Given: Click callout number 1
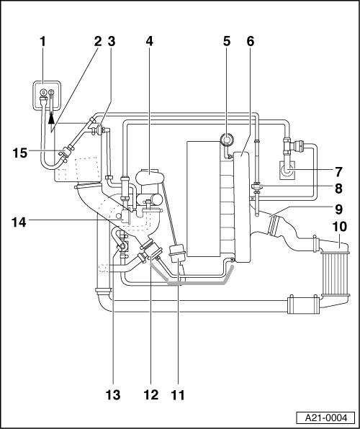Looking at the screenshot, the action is coord(42,42).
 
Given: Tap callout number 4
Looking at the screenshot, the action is coord(149,42).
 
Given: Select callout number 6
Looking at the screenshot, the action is coord(251,42).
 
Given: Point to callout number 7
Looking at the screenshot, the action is coord(338,172).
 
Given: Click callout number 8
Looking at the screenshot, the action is coord(338,189).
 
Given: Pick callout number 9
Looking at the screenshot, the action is coord(338,209).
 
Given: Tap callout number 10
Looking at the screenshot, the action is coord(339,227).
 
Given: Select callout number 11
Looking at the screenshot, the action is coord(178,395).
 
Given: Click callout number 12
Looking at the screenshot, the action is coord(151,395).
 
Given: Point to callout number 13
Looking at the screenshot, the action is coord(113,395).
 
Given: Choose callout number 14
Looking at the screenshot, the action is coord(19,222).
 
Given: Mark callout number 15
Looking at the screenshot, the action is coord(19,153).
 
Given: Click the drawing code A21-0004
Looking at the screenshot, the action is coord(326,417).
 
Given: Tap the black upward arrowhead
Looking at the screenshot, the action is coord(51,119).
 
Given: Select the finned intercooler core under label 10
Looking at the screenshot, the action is coord(336,274).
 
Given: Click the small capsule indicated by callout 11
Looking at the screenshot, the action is coord(178,254).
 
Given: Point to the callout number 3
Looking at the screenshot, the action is coord(111,42).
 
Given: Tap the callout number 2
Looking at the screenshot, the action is coord(98,42).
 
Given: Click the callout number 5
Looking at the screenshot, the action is coord(227,42).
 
